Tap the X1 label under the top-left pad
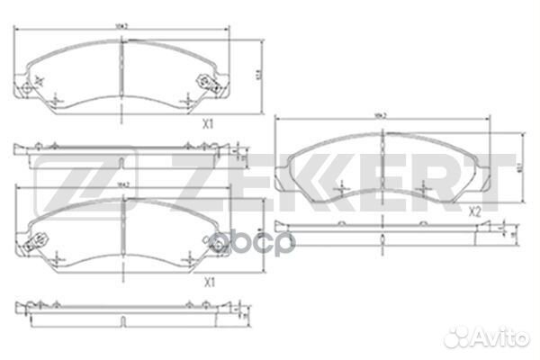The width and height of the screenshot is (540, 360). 207,126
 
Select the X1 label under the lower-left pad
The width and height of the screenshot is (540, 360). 210,282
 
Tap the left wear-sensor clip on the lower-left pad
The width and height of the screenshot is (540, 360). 38,241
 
